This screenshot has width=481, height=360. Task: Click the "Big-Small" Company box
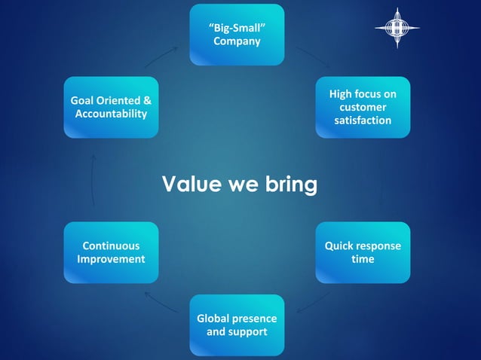[237, 35]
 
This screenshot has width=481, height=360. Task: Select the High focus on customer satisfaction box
[363, 107]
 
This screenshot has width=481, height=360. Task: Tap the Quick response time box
[363, 252]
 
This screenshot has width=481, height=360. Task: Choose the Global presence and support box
[237, 325]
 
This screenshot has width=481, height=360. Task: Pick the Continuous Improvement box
[111, 252]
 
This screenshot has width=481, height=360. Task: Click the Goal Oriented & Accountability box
[111, 107]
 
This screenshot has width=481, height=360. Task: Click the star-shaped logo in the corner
[397, 28]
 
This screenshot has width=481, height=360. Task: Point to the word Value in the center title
[191, 184]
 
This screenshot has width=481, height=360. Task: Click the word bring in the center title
[290, 184]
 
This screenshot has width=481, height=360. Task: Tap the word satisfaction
[363, 121]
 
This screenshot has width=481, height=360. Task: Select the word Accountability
[111, 114]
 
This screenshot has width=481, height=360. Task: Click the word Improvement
[111, 259]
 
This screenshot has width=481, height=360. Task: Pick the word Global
[215, 318]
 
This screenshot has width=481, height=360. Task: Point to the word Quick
[340, 246]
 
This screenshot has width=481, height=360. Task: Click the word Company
[237, 41]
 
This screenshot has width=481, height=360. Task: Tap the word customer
[363, 107]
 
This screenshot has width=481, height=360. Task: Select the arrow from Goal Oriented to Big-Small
[160, 55]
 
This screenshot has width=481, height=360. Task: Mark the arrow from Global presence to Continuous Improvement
[161, 301]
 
